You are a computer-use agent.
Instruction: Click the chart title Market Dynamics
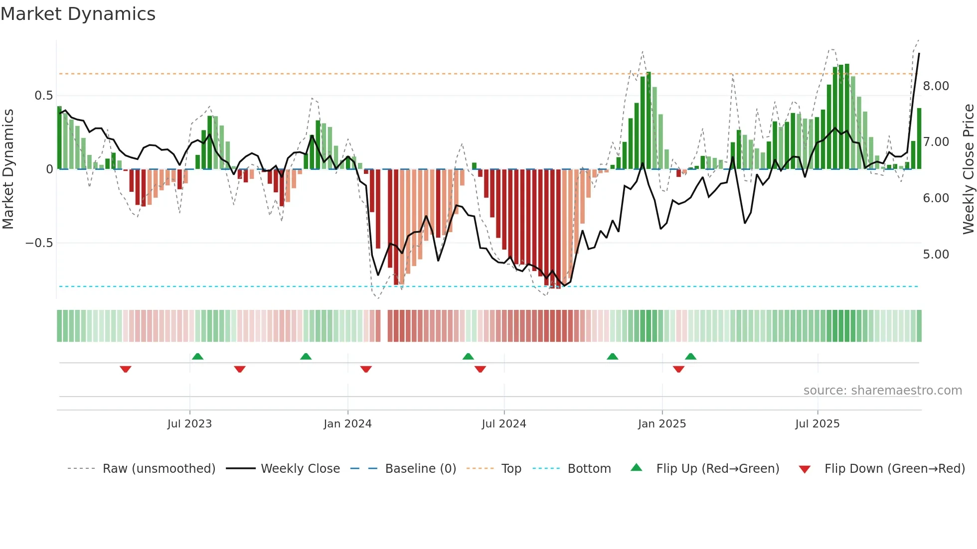click(x=78, y=14)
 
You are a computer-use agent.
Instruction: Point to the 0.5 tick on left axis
click(x=43, y=95)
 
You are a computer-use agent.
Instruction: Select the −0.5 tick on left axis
click(x=39, y=243)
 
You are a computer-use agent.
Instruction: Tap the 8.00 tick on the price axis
click(x=936, y=86)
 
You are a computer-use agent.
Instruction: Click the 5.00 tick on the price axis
click(x=936, y=255)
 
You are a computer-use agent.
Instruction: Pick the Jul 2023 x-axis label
click(x=189, y=424)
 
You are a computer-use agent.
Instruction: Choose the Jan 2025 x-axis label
click(x=661, y=424)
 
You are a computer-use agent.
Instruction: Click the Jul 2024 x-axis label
click(x=503, y=424)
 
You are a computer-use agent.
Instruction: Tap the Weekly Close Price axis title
click(x=968, y=169)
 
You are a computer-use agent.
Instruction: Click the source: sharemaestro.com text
click(x=882, y=391)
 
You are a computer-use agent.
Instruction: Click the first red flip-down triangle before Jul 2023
click(x=126, y=369)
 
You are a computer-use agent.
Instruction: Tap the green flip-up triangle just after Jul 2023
click(x=197, y=356)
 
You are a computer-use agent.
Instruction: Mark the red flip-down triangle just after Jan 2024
click(x=366, y=369)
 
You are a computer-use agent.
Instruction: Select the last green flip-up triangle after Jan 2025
click(x=690, y=356)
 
